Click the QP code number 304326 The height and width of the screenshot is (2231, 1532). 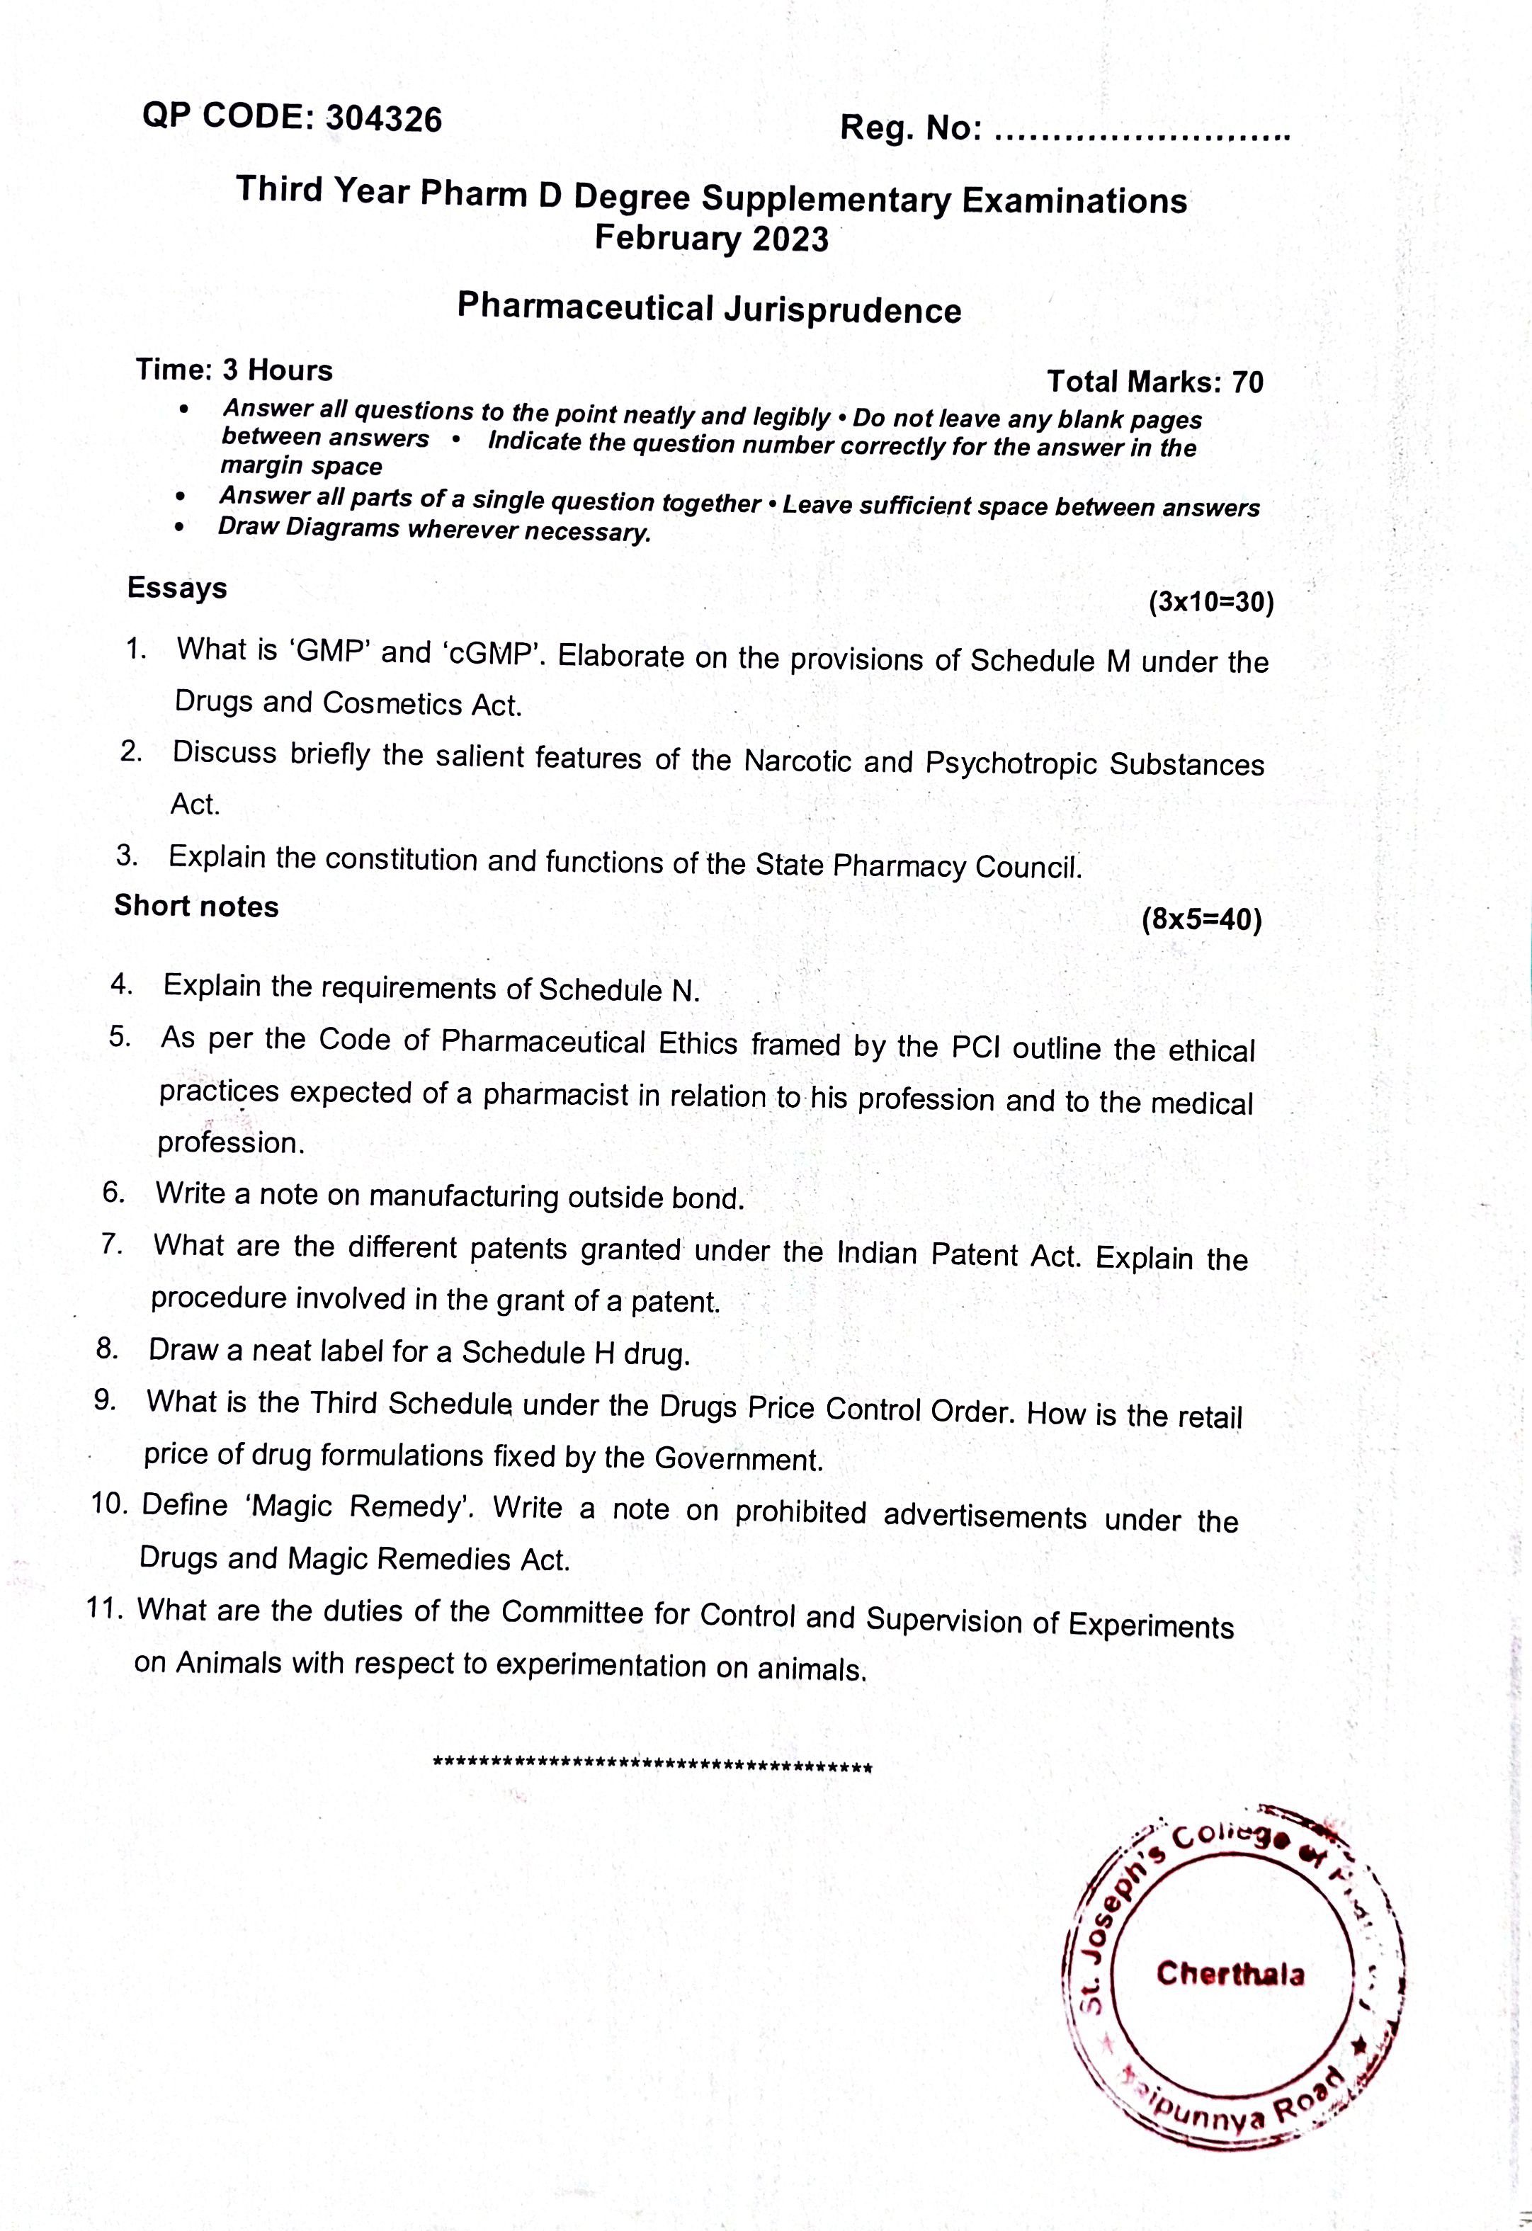pyautogui.click(x=384, y=119)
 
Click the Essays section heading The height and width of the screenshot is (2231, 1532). pyautogui.click(x=178, y=588)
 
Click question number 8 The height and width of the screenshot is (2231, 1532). pyautogui.click(x=108, y=1348)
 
